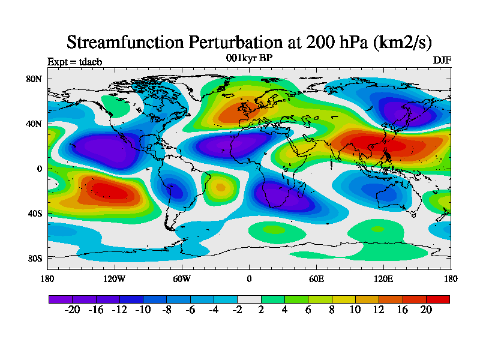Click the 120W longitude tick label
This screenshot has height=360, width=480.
[115, 278]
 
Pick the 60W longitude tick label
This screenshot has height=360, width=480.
[182, 278]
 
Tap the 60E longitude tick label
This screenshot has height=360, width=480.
[316, 278]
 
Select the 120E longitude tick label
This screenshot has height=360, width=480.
[383, 278]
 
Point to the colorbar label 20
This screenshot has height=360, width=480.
[426, 310]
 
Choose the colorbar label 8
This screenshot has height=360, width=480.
[332, 310]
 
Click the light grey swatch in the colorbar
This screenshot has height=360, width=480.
[249, 299]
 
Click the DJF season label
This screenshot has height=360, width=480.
[442, 60]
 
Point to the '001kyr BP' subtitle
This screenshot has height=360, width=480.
[249, 58]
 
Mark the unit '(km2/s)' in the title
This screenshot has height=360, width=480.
[402, 42]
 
